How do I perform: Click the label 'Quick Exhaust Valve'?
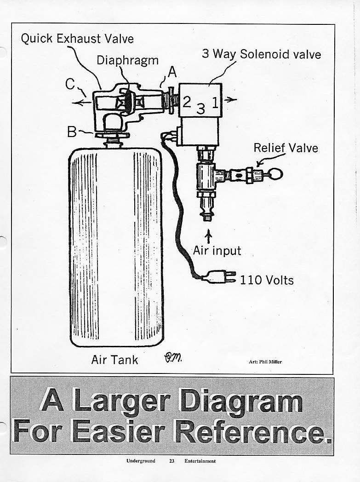tap(77, 39)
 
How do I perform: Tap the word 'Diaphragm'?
tap(128, 61)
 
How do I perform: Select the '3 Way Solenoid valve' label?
tap(261, 54)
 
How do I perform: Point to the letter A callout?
tap(171, 72)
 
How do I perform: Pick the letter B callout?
tap(72, 132)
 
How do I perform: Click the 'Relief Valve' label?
tap(286, 148)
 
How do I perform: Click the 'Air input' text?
tap(217, 251)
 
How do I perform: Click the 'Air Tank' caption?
tap(114, 360)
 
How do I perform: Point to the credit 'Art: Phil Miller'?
tap(265, 362)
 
